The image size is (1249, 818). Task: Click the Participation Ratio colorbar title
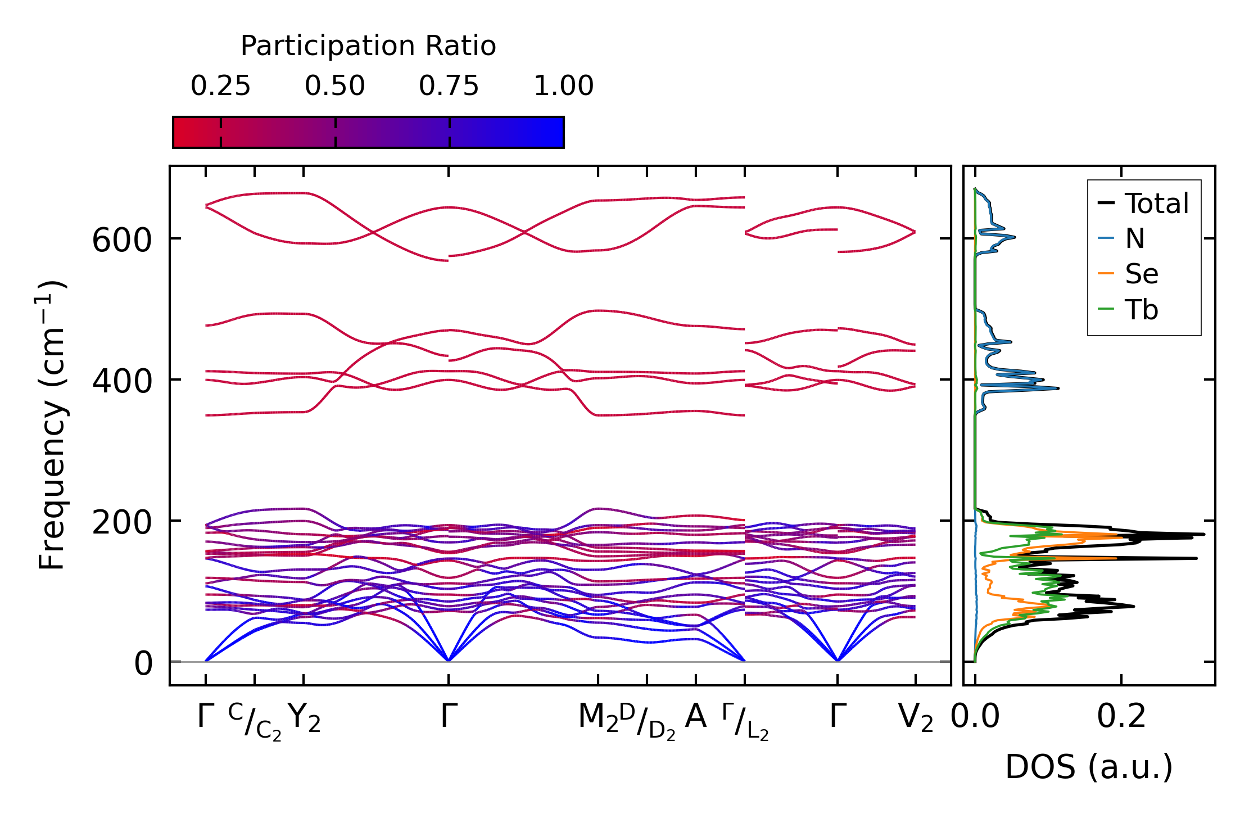[x=368, y=46]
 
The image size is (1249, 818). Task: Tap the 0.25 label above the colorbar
[x=220, y=86]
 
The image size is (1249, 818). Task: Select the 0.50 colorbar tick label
[x=335, y=86]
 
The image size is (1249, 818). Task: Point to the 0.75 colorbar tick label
[x=449, y=86]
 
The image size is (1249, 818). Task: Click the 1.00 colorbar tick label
[x=563, y=86]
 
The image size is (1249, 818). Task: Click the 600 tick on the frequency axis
[x=121, y=241]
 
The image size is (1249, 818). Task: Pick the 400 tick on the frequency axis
[x=121, y=382]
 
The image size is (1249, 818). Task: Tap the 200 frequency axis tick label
[x=121, y=523]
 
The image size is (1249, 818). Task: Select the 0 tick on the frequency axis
[x=143, y=664]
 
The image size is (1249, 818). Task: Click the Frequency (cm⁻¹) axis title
[x=52, y=425]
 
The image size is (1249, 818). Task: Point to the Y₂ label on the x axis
[x=304, y=718]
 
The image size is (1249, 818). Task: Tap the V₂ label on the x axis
[x=915, y=718]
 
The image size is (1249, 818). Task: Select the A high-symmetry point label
[x=696, y=717]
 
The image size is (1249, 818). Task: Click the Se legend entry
[x=1141, y=274]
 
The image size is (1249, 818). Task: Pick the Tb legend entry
[x=1141, y=310]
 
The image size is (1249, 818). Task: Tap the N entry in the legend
[x=1134, y=239]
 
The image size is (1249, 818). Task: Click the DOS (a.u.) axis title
[x=1089, y=767]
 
